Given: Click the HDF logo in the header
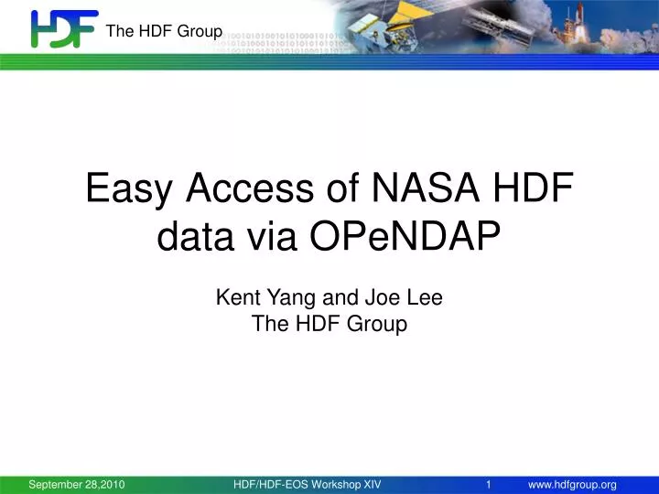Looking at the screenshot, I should tap(64, 29).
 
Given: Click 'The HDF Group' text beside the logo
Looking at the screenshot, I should tap(164, 31).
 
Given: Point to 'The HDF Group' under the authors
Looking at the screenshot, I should tap(329, 324).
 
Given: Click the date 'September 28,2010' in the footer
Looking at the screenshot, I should tap(77, 484).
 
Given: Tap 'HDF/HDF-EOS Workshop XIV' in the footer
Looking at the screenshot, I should tap(308, 484).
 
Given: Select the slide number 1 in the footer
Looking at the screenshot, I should tap(490, 484).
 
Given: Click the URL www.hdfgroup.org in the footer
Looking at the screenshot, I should tap(572, 484).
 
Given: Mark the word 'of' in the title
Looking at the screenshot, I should tap(344, 189).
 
